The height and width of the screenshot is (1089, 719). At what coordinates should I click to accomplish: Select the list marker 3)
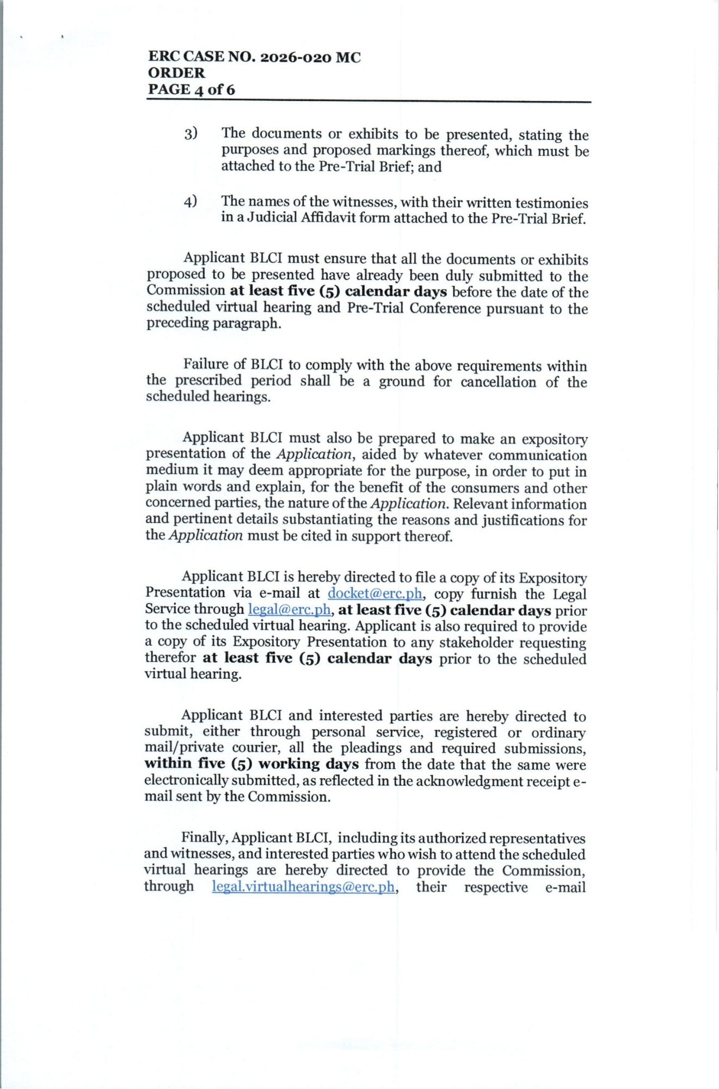(x=190, y=133)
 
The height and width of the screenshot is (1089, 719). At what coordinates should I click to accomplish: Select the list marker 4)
(x=190, y=201)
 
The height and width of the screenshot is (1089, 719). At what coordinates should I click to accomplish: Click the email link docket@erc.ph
(x=374, y=593)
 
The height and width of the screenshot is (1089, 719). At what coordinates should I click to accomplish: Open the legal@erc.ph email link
(x=289, y=609)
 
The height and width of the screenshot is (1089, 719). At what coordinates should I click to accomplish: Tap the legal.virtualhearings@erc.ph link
(x=303, y=886)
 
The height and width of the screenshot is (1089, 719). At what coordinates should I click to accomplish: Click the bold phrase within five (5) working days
(x=251, y=764)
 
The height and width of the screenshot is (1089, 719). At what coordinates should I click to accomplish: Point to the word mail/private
(x=181, y=748)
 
